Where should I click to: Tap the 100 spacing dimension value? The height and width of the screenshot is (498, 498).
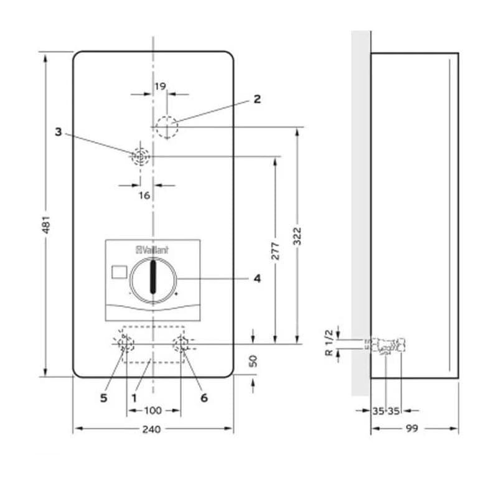click(153, 411)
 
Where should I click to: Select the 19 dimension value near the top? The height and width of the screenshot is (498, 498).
click(161, 87)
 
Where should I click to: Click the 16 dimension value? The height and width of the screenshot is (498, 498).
click(144, 195)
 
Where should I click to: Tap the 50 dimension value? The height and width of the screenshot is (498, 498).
click(253, 361)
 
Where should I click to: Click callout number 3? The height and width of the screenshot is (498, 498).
click(59, 132)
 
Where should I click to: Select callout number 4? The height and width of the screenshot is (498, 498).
click(256, 278)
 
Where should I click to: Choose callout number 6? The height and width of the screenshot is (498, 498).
click(204, 397)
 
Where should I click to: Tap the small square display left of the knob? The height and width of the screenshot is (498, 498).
click(116, 272)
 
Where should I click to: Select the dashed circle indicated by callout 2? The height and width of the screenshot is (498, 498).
click(167, 128)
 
